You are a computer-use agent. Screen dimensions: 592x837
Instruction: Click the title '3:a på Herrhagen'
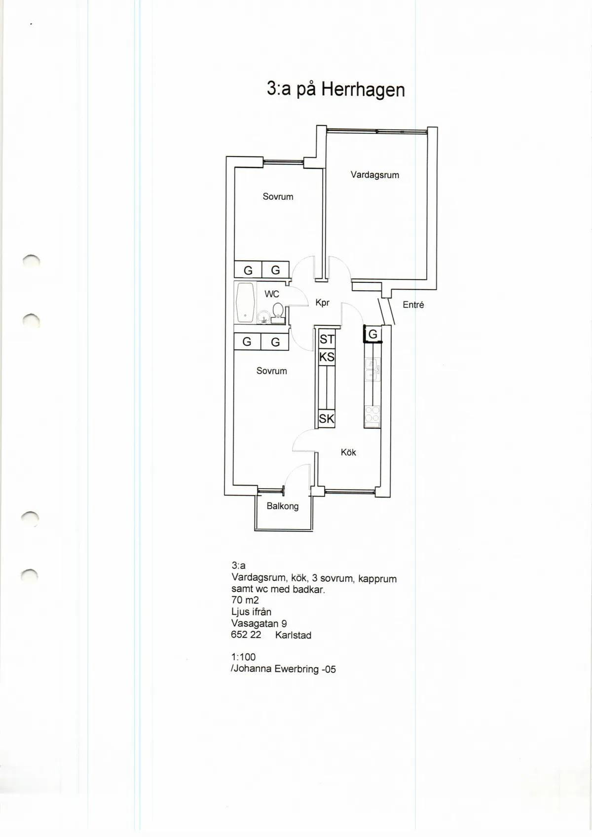[x=336, y=90]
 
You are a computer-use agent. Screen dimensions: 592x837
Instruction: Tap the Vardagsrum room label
[x=374, y=175]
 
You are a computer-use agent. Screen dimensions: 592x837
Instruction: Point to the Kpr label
[x=322, y=303]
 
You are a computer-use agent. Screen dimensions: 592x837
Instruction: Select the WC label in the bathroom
[x=272, y=294]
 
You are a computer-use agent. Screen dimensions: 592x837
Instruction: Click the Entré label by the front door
[x=413, y=304]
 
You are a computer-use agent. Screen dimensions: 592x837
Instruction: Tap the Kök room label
[x=348, y=453]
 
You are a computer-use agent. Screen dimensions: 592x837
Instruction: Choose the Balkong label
[x=282, y=506]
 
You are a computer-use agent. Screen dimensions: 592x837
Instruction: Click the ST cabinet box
[x=327, y=339]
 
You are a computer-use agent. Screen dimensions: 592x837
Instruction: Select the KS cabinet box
[x=327, y=357]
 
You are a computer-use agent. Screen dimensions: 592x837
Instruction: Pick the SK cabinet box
[x=327, y=418]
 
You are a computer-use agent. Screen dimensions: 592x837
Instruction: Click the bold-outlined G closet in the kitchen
[x=373, y=334]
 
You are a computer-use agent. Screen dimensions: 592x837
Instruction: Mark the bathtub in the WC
[x=245, y=303]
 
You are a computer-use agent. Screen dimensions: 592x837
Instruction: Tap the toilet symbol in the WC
[x=278, y=313]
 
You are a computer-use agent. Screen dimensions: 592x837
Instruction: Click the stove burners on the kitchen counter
[x=372, y=415]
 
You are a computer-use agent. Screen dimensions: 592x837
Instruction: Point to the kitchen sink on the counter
[x=372, y=370]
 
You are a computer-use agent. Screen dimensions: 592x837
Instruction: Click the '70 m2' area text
[x=245, y=600]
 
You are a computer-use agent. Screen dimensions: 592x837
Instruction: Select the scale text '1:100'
[x=244, y=657]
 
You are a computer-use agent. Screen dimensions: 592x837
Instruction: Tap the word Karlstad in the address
[x=293, y=635]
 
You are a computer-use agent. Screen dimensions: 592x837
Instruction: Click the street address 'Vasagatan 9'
[x=259, y=623]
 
